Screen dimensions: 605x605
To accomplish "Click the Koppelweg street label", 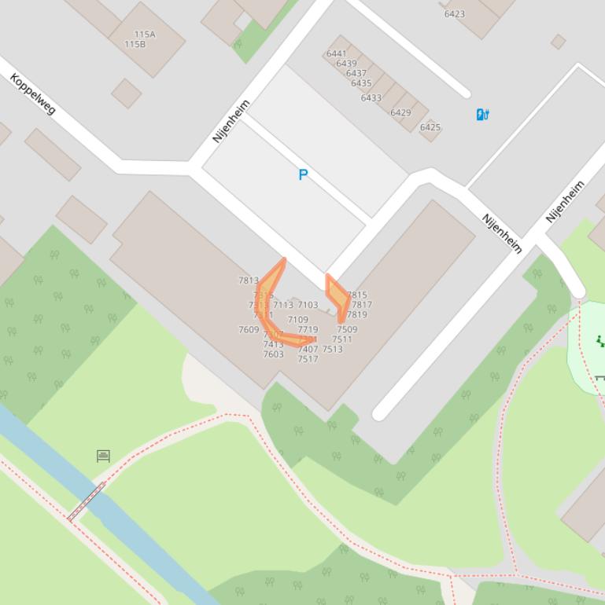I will tap(33, 93).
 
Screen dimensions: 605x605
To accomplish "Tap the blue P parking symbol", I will tap(303, 174).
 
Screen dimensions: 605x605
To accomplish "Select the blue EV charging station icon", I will tap(482, 115).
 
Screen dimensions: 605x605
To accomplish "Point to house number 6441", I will tap(335, 54).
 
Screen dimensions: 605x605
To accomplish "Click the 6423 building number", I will tap(454, 13).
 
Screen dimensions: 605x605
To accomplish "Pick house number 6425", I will tap(430, 127).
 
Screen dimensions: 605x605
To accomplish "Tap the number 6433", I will tap(371, 98).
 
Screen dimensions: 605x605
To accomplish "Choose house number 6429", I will tap(400, 112).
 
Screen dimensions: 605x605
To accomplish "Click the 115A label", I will tap(145, 35).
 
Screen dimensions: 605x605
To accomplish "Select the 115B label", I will tap(135, 44).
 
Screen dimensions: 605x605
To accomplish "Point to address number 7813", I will tap(248, 280).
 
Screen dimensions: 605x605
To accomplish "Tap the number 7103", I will tap(308, 305).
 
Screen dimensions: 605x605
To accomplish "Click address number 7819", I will tap(356, 314).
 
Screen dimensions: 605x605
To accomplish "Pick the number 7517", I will tap(308, 359).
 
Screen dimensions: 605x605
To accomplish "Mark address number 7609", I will tap(249, 330).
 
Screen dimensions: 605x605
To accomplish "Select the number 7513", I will tap(332, 349).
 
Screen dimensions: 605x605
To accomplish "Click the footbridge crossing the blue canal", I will tap(86, 501).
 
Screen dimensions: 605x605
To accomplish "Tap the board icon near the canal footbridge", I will tap(103, 456).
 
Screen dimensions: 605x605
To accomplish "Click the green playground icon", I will tap(600, 340).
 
